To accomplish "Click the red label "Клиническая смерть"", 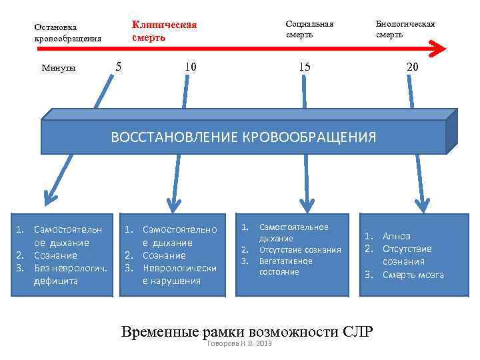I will click(164, 31).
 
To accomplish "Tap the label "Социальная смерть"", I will click(309, 29).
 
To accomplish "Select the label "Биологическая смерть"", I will click(405, 29).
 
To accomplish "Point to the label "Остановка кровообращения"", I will click(67, 33).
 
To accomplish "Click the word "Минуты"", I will click(59, 67).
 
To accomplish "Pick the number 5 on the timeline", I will click(118, 66).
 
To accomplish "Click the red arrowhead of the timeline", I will click(437, 47).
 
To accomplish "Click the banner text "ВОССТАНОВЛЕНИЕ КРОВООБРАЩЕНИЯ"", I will click(243, 137).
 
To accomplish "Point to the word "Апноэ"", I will click(397, 237).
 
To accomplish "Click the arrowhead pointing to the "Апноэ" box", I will click(421, 202).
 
